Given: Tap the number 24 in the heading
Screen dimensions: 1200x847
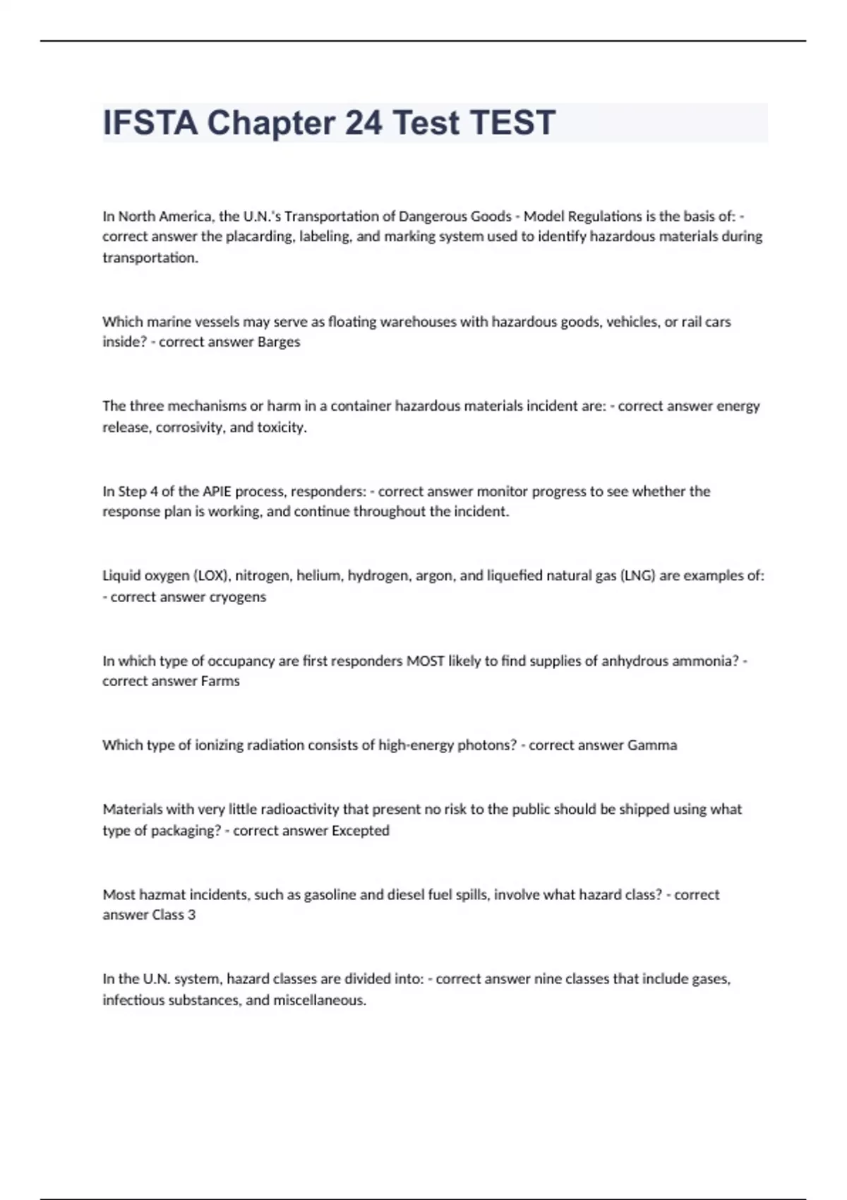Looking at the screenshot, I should tap(364, 123).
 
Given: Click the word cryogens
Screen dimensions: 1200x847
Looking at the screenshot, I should tap(238, 596).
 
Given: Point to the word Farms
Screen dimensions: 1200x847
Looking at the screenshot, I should tap(220, 681).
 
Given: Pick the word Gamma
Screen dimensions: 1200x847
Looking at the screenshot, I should tap(652, 745).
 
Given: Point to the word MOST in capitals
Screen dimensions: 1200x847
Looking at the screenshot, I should tap(425, 661).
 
